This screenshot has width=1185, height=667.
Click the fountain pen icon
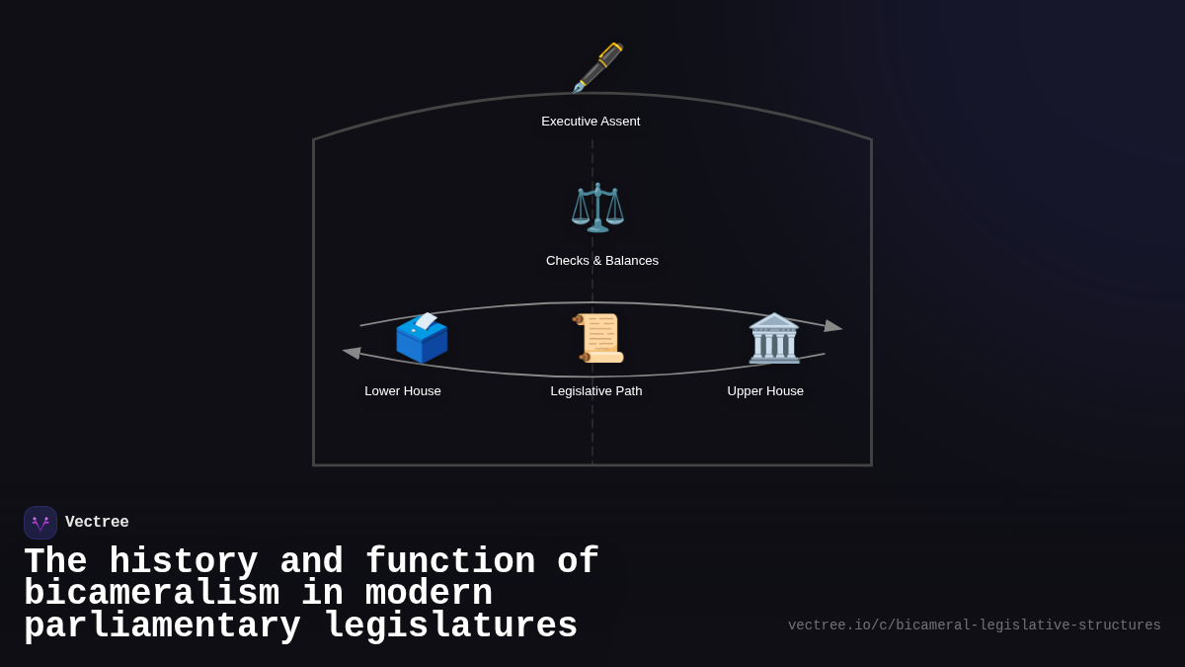click(598, 67)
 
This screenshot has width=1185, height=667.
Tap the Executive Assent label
click(591, 122)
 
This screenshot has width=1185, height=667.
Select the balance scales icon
click(597, 208)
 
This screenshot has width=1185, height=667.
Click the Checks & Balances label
click(602, 261)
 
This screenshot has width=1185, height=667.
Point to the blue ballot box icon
click(422, 338)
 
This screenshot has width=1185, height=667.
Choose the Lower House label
click(403, 391)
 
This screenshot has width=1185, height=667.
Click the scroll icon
click(598, 338)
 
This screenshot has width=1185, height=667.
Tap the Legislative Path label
click(596, 391)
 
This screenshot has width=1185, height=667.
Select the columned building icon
click(774, 338)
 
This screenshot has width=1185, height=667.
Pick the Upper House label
click(765, 391)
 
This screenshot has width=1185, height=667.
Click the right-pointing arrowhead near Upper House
click(833, 326)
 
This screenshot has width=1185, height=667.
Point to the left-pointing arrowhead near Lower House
click(352, 353)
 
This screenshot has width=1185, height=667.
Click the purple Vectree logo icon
click(40, 523)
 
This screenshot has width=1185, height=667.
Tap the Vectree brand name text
click(97, 523)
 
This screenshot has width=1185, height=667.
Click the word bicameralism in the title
click(151, 594)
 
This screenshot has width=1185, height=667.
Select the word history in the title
click(183, 562)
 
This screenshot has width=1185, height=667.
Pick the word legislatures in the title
click(450, 626)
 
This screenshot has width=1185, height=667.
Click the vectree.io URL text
click(974, 625)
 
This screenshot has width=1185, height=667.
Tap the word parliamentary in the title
click(162, 626)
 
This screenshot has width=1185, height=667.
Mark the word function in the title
click(450, 562)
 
